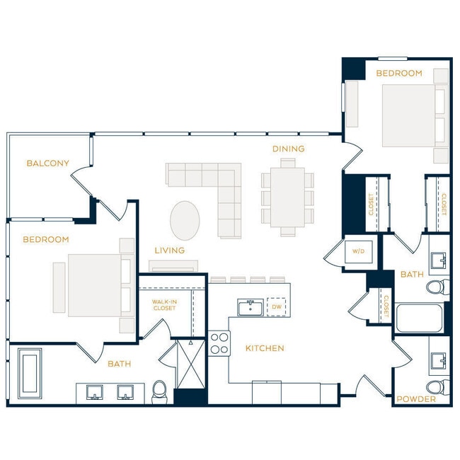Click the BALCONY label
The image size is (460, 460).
point(48,163)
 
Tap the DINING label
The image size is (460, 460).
point(289,149)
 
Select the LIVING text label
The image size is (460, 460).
point(170,251)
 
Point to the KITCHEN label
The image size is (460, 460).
point(265,348)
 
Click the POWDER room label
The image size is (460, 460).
point(416,399)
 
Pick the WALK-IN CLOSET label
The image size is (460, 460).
point(164,305)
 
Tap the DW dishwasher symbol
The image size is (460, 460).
point(277,307)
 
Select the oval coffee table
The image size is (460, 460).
point(185,220)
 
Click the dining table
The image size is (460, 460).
point(287,197)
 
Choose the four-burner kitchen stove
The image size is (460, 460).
point(219,343)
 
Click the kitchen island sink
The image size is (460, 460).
point(250,308)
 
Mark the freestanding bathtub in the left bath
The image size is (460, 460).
point(30,373)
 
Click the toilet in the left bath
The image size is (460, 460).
point(161,391)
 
